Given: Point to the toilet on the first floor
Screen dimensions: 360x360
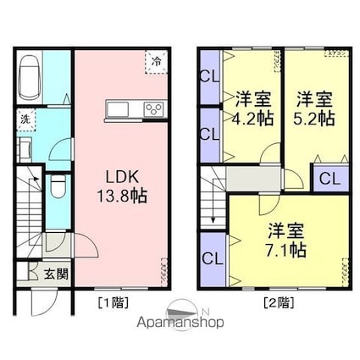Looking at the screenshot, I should [x=57, y=187].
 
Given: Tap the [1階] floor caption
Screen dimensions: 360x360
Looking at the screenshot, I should [x=110, y=301].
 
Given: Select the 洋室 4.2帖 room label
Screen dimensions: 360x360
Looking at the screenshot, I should [x=253, y=108].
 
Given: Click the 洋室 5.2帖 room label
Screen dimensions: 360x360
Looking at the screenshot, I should [x=314, y=108].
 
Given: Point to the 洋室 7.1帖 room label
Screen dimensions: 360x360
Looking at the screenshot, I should [x=287, y=240].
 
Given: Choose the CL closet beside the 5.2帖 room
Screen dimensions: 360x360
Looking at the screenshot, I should [x=331, y=179].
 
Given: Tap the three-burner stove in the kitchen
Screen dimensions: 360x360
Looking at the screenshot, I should [x=154, y=109].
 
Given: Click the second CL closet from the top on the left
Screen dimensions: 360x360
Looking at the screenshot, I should [x=208, y=133].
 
